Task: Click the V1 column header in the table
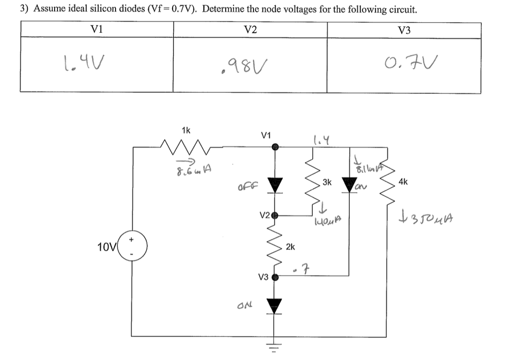click(97, 30)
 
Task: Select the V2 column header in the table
click(251, 30)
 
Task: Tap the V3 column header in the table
click(404, 30)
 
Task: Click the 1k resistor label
click(186, 131)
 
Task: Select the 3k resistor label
click(327, 182)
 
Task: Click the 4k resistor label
click(403, 182)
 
